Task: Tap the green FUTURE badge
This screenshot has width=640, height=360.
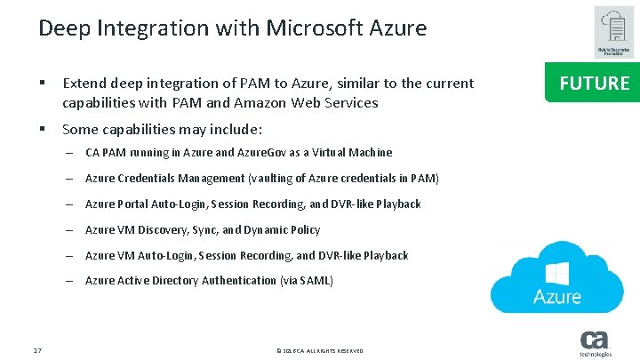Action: point(594,84)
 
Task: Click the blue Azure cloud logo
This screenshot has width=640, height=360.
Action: point(557,276)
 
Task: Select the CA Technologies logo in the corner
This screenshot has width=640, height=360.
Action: point(595,343)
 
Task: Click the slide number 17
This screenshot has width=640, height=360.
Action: point(37,351)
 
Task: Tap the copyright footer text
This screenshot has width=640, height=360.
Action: point(319,351)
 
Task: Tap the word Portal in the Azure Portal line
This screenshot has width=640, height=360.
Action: point(134,204)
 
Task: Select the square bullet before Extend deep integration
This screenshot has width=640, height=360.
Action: point(43,84)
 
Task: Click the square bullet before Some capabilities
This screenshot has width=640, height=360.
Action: point(43,127)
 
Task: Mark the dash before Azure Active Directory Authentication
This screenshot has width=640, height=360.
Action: point(68,281)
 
